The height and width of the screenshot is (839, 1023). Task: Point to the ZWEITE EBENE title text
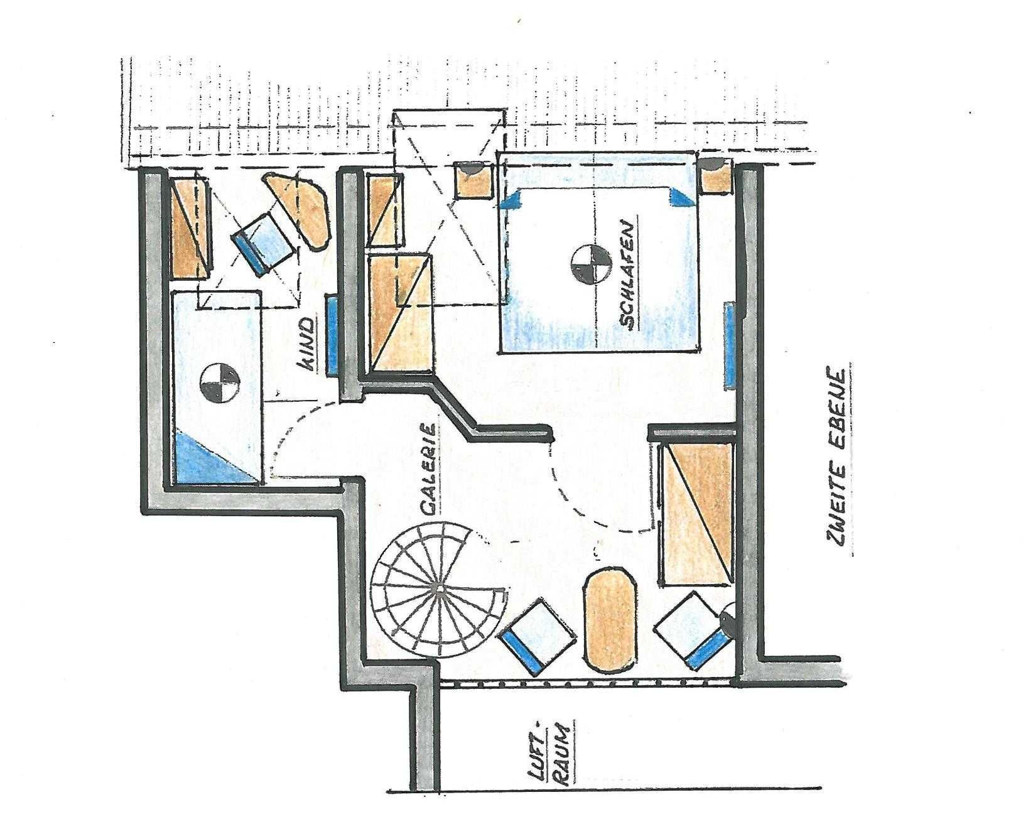point(836,458)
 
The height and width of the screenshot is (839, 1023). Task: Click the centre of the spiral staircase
point(440,588)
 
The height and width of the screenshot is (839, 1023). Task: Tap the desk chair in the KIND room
point(265,242)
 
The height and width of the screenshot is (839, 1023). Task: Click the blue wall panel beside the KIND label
point(332,335)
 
